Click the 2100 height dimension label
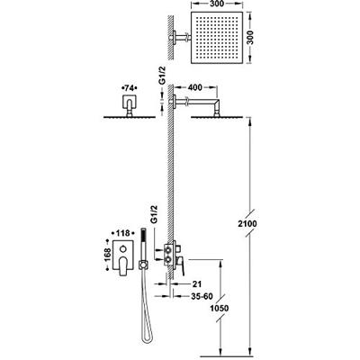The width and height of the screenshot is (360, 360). click(x=248, y=224)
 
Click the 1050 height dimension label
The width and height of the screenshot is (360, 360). click(x=220, y=308)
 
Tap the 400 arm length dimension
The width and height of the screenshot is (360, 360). click(x=194, y=87)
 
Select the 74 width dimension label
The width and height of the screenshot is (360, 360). click(x=129, y=88)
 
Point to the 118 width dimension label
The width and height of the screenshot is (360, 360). click(x=122, y=233)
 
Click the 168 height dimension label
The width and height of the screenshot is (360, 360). click(x=107, y=255)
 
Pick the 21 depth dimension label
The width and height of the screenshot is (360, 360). click(x=197, y=283)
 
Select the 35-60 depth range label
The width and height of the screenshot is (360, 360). click(x=202, y=296)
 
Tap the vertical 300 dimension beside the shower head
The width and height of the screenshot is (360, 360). click(x=250, y=38)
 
